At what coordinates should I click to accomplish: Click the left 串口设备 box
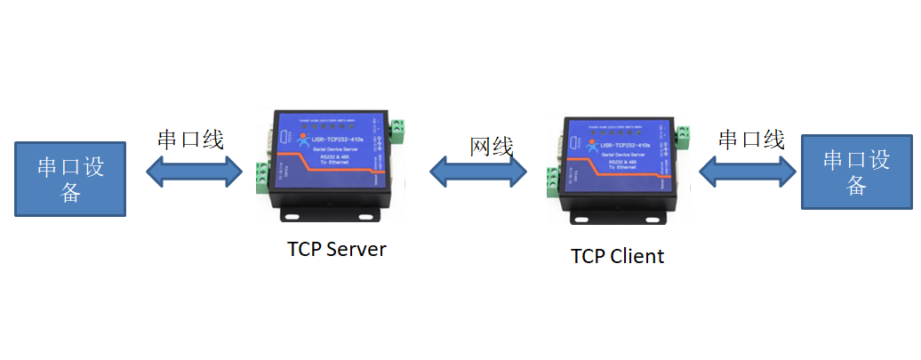(70, 178)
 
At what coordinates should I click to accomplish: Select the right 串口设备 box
(856, 172)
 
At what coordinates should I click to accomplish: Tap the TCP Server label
(337, 249)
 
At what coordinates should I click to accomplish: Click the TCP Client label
(617, 256)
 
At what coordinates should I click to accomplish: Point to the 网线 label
(492, 147)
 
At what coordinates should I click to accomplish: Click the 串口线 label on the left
(190, 140)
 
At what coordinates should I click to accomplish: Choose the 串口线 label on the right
(751, 139)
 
